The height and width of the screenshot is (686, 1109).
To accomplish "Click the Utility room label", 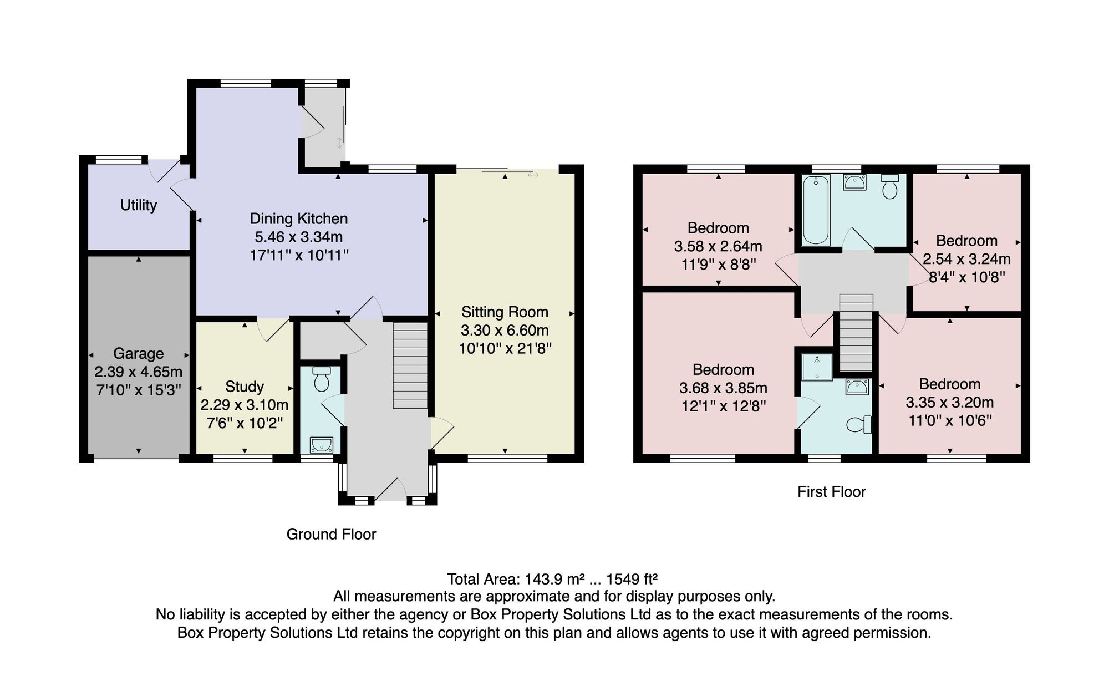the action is [x=139, y=205].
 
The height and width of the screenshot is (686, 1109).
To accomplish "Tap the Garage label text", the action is [x=139, y=353].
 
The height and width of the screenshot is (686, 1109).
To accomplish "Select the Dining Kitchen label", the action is [x=299, y=218].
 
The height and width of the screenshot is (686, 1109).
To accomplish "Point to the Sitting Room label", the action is [x=505, y=312].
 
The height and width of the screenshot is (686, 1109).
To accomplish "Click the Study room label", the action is [x=245, y=387].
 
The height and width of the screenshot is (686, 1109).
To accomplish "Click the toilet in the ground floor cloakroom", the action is [x=322, y=378].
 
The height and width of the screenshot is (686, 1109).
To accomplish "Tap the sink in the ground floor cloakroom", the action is [x=322, y=445].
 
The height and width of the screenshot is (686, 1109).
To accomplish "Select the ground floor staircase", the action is [x=410, y=365].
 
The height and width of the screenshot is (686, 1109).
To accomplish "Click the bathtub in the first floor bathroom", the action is [x=816, y=210].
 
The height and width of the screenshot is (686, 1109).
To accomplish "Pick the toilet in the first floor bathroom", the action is [x=889, y=187].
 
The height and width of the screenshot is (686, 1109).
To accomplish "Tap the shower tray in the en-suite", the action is [x=817, y=367].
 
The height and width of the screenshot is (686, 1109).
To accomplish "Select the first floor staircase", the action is [x=856, y=332].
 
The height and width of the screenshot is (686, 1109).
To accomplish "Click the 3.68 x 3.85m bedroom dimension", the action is [x=724, y=388].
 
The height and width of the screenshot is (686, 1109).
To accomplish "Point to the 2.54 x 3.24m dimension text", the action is [x=966, y=259].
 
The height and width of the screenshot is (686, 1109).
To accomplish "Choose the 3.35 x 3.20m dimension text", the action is [x=950, y=402].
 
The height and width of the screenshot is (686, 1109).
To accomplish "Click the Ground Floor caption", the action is [x=331, y=534].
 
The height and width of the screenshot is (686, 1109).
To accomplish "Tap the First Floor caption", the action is [x=832, y=492].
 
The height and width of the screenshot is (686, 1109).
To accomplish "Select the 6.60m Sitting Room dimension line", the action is [x=505, y=314].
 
